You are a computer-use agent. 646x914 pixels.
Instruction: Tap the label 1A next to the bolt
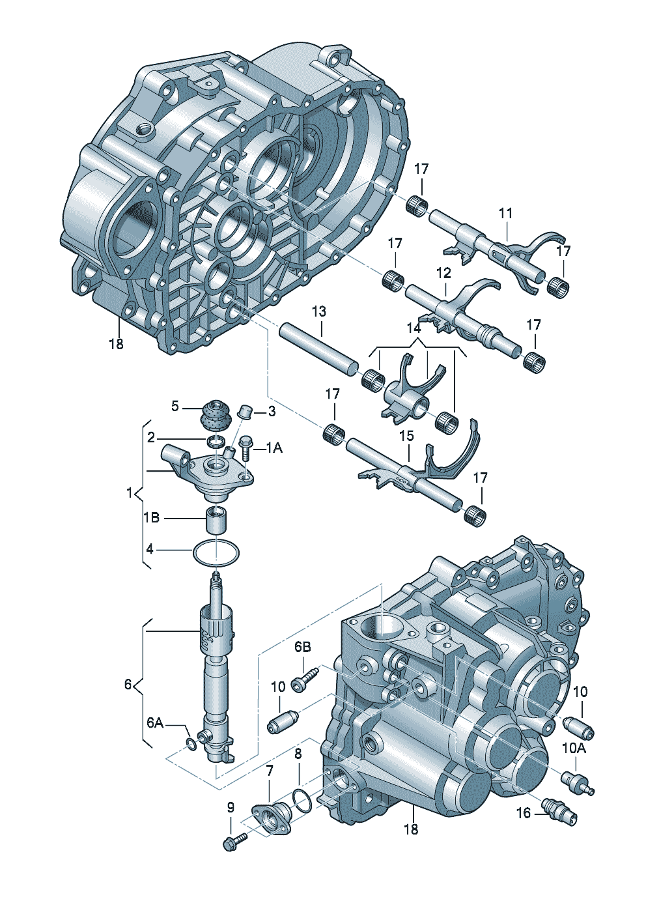point(274,448)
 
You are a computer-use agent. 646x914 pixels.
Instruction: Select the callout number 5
point(175,406)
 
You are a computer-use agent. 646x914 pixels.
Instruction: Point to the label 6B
point(302,647)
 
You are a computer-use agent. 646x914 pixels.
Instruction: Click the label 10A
point(574,749)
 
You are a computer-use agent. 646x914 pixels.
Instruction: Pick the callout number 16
point(524,812)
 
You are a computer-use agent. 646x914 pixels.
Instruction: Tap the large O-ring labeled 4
point(216,553)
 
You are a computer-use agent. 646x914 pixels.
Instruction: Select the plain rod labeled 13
point(318,349)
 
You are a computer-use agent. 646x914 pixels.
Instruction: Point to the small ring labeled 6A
point(191,744)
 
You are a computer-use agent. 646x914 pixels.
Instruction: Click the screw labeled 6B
point(304,680)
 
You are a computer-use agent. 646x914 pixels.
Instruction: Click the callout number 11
point(506,213)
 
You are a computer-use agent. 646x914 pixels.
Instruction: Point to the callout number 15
point(406,435)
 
